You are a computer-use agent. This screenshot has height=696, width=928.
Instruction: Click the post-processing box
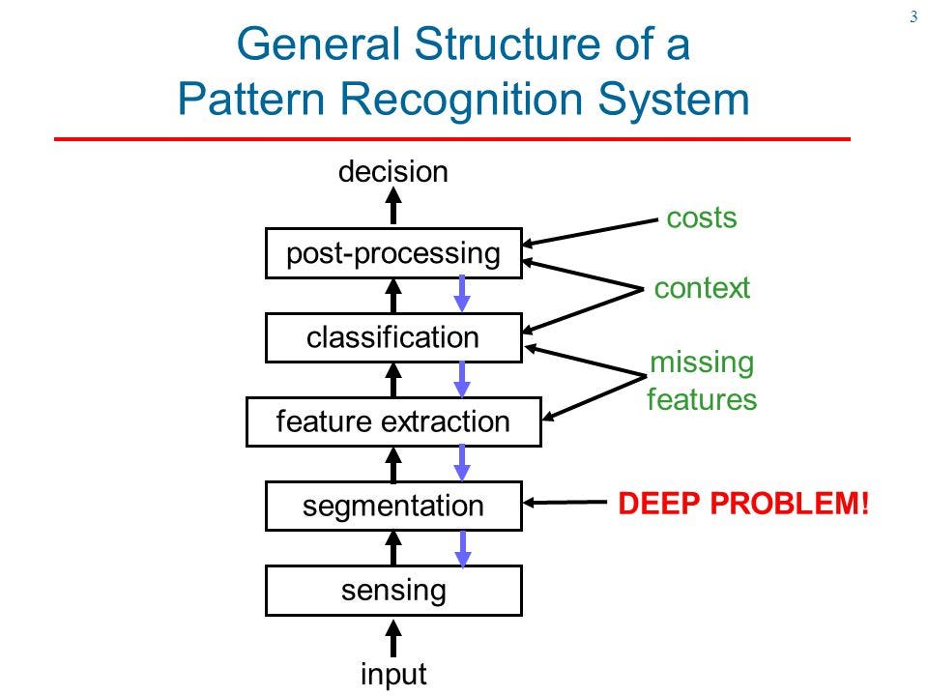coord(393,254)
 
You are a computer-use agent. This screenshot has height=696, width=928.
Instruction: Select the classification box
coord(393,338)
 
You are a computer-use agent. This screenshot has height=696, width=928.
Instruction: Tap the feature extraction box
coord(393,422)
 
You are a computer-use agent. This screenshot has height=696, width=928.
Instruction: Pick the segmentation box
coord(393,507)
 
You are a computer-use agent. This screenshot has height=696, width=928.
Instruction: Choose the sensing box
coord(393,591)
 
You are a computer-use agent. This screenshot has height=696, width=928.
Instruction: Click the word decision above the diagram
coord(393,172)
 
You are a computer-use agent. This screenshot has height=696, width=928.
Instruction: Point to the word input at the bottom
coord(393,674)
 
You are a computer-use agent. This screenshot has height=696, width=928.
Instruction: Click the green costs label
coord(702,218)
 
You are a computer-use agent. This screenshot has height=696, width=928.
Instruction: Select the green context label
coord(702,288)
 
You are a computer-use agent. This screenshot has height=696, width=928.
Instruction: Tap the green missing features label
coord(702,381)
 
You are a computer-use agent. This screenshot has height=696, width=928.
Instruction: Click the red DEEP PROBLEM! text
coord(743,504)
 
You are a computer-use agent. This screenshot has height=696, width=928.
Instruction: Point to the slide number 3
coord(913,16)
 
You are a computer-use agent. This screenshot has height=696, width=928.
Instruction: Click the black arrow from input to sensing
coord(393,638)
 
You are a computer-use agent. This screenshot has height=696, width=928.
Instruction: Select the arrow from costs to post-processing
coord(590,232)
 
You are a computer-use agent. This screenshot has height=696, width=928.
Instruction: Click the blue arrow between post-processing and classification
coord(463,294)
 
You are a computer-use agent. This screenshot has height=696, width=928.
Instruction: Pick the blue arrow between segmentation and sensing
coord(463,547)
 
